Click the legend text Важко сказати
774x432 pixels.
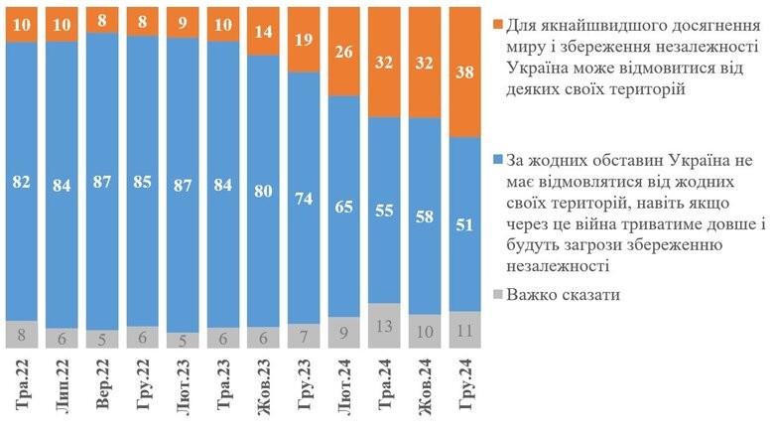coord(566,295)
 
